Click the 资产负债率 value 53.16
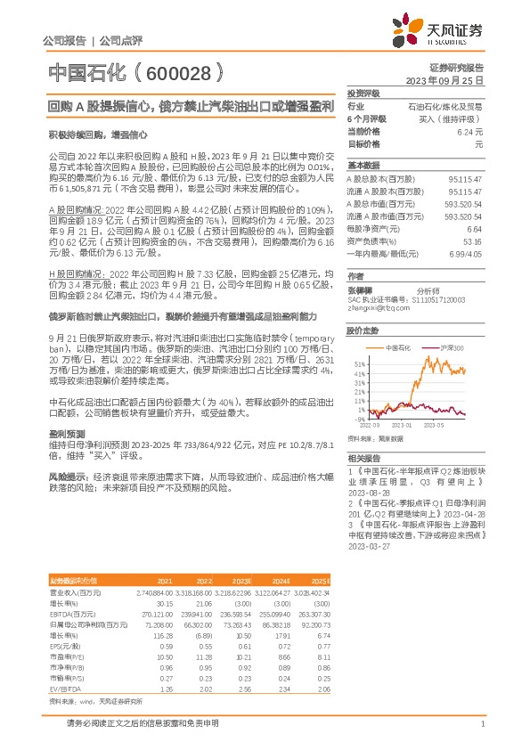[474, 240]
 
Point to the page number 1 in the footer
[481, 724]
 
